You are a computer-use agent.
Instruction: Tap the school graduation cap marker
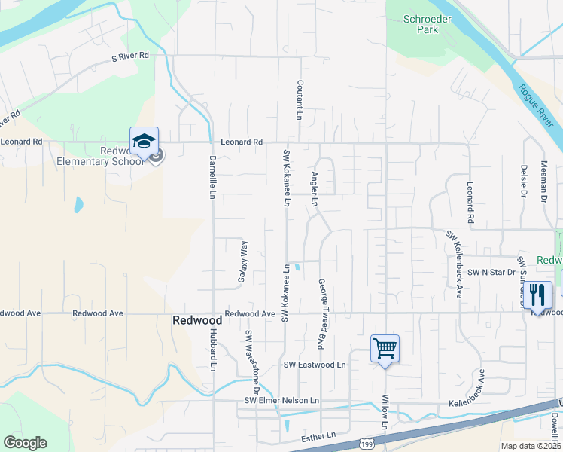pos(144,141)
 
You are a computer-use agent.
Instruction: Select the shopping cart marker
pos(385,349)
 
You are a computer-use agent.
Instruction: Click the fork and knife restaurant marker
pos(537,294)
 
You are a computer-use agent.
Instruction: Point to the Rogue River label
pos(534,102)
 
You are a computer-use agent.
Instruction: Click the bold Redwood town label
pos(197,319)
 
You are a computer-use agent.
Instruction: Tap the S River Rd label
pos(130,56)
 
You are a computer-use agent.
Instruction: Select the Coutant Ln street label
pos(299,100)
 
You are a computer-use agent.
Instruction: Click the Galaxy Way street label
pos(243,261)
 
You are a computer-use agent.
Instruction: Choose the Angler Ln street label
pos(315,189)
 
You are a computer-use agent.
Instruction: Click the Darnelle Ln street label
pos(212,177)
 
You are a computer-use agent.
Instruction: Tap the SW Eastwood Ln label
pos(314,365)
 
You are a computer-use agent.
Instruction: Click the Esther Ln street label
pos(317,436)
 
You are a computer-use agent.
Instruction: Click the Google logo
pos(25,443)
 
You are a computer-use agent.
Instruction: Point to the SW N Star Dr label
pos(491,272)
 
